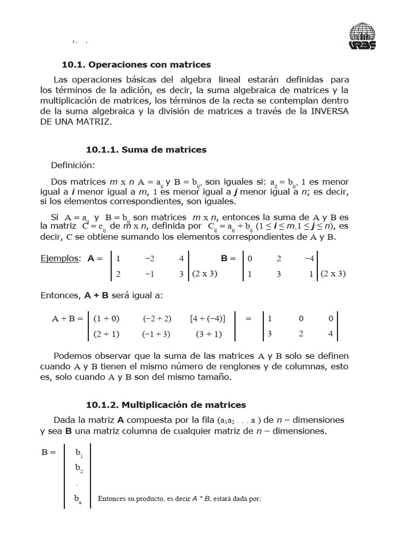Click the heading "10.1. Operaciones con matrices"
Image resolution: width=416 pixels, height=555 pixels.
[x=136, y=64]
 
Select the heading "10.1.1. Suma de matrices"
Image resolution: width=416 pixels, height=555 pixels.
[x=146, y=150]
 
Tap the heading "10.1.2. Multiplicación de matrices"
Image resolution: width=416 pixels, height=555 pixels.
[x=166, y=405]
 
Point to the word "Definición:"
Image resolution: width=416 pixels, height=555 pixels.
[x=73, y=165]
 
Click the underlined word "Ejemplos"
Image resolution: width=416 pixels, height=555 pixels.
[x=60, y=259]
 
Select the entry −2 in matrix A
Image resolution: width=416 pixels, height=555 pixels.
[x=150, y=259]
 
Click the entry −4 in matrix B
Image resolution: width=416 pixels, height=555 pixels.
[x=309, y=259]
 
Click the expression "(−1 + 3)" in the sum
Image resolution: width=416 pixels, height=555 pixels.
[x=157, y=334]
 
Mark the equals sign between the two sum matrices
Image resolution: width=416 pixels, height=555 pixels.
[x=249, y=319]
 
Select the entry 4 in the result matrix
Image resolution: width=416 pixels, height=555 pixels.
[x=330, y=334]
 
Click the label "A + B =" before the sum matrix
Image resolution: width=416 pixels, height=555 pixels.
[x=66, y=319]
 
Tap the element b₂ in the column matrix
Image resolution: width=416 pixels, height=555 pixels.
[x=79, y=468]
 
